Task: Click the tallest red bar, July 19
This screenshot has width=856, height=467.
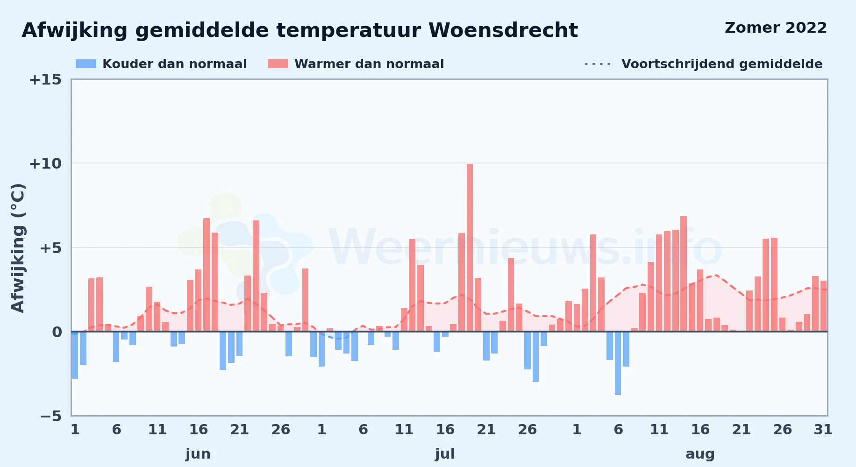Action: [470, 248]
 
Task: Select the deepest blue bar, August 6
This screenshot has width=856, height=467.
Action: [618, 363]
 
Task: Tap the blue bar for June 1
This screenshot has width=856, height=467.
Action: [75, 355]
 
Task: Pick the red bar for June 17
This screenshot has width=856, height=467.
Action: [207, 275]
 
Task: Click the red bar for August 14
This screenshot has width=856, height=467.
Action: [684, 274]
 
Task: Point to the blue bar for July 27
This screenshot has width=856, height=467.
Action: [535, 357]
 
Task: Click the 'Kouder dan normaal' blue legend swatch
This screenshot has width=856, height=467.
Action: [86, 64]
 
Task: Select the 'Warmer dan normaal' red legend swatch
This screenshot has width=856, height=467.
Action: [278, 64]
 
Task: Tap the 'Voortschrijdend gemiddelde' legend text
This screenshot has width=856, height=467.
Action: [722, 64]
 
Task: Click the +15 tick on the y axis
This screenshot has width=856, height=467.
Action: [45, 79]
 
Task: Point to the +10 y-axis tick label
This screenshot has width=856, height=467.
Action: [45, 163]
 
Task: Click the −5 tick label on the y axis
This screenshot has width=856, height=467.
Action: [50, 416]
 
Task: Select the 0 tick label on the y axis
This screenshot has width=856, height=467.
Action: [57, 332]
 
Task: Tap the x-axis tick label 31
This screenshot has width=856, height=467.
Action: [823, 429]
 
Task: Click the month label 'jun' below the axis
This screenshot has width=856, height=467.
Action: [198, 454]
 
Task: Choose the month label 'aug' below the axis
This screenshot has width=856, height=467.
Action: [700, 454]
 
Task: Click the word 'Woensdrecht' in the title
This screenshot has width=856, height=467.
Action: [503, 30]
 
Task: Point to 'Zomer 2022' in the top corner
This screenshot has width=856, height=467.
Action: [776, 28]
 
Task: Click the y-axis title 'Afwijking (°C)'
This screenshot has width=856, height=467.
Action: [18, 248]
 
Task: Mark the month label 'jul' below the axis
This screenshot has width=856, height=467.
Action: [445, 454]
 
